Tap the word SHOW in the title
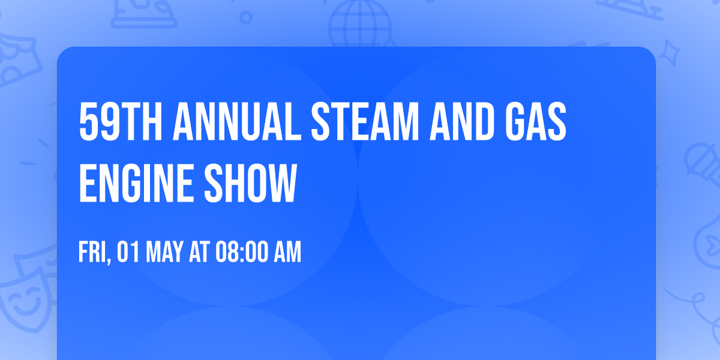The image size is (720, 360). pyautogui.click(x=250, y=183)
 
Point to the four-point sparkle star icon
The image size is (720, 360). pyautogui.click(x=669, y=53)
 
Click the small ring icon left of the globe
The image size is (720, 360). pyautogui.click(x=246, y=17)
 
